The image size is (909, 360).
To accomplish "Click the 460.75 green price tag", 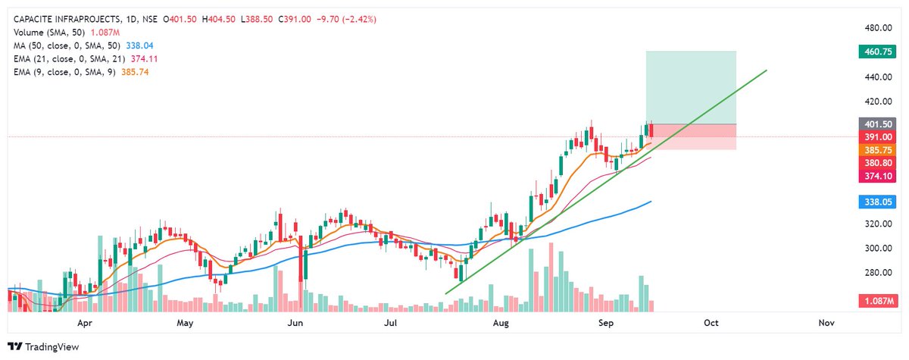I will [879, 52].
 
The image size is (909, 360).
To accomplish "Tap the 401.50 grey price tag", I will [879, 124].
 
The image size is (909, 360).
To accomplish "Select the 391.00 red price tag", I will [879, 136].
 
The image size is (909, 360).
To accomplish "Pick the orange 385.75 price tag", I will [879, 150].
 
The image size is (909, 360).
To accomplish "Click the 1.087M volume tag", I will [879, 302].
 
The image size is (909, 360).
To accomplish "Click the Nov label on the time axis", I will [826, 323].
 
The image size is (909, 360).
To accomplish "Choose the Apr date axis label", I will [85, 323].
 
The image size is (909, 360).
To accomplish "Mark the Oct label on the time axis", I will [711, 323].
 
